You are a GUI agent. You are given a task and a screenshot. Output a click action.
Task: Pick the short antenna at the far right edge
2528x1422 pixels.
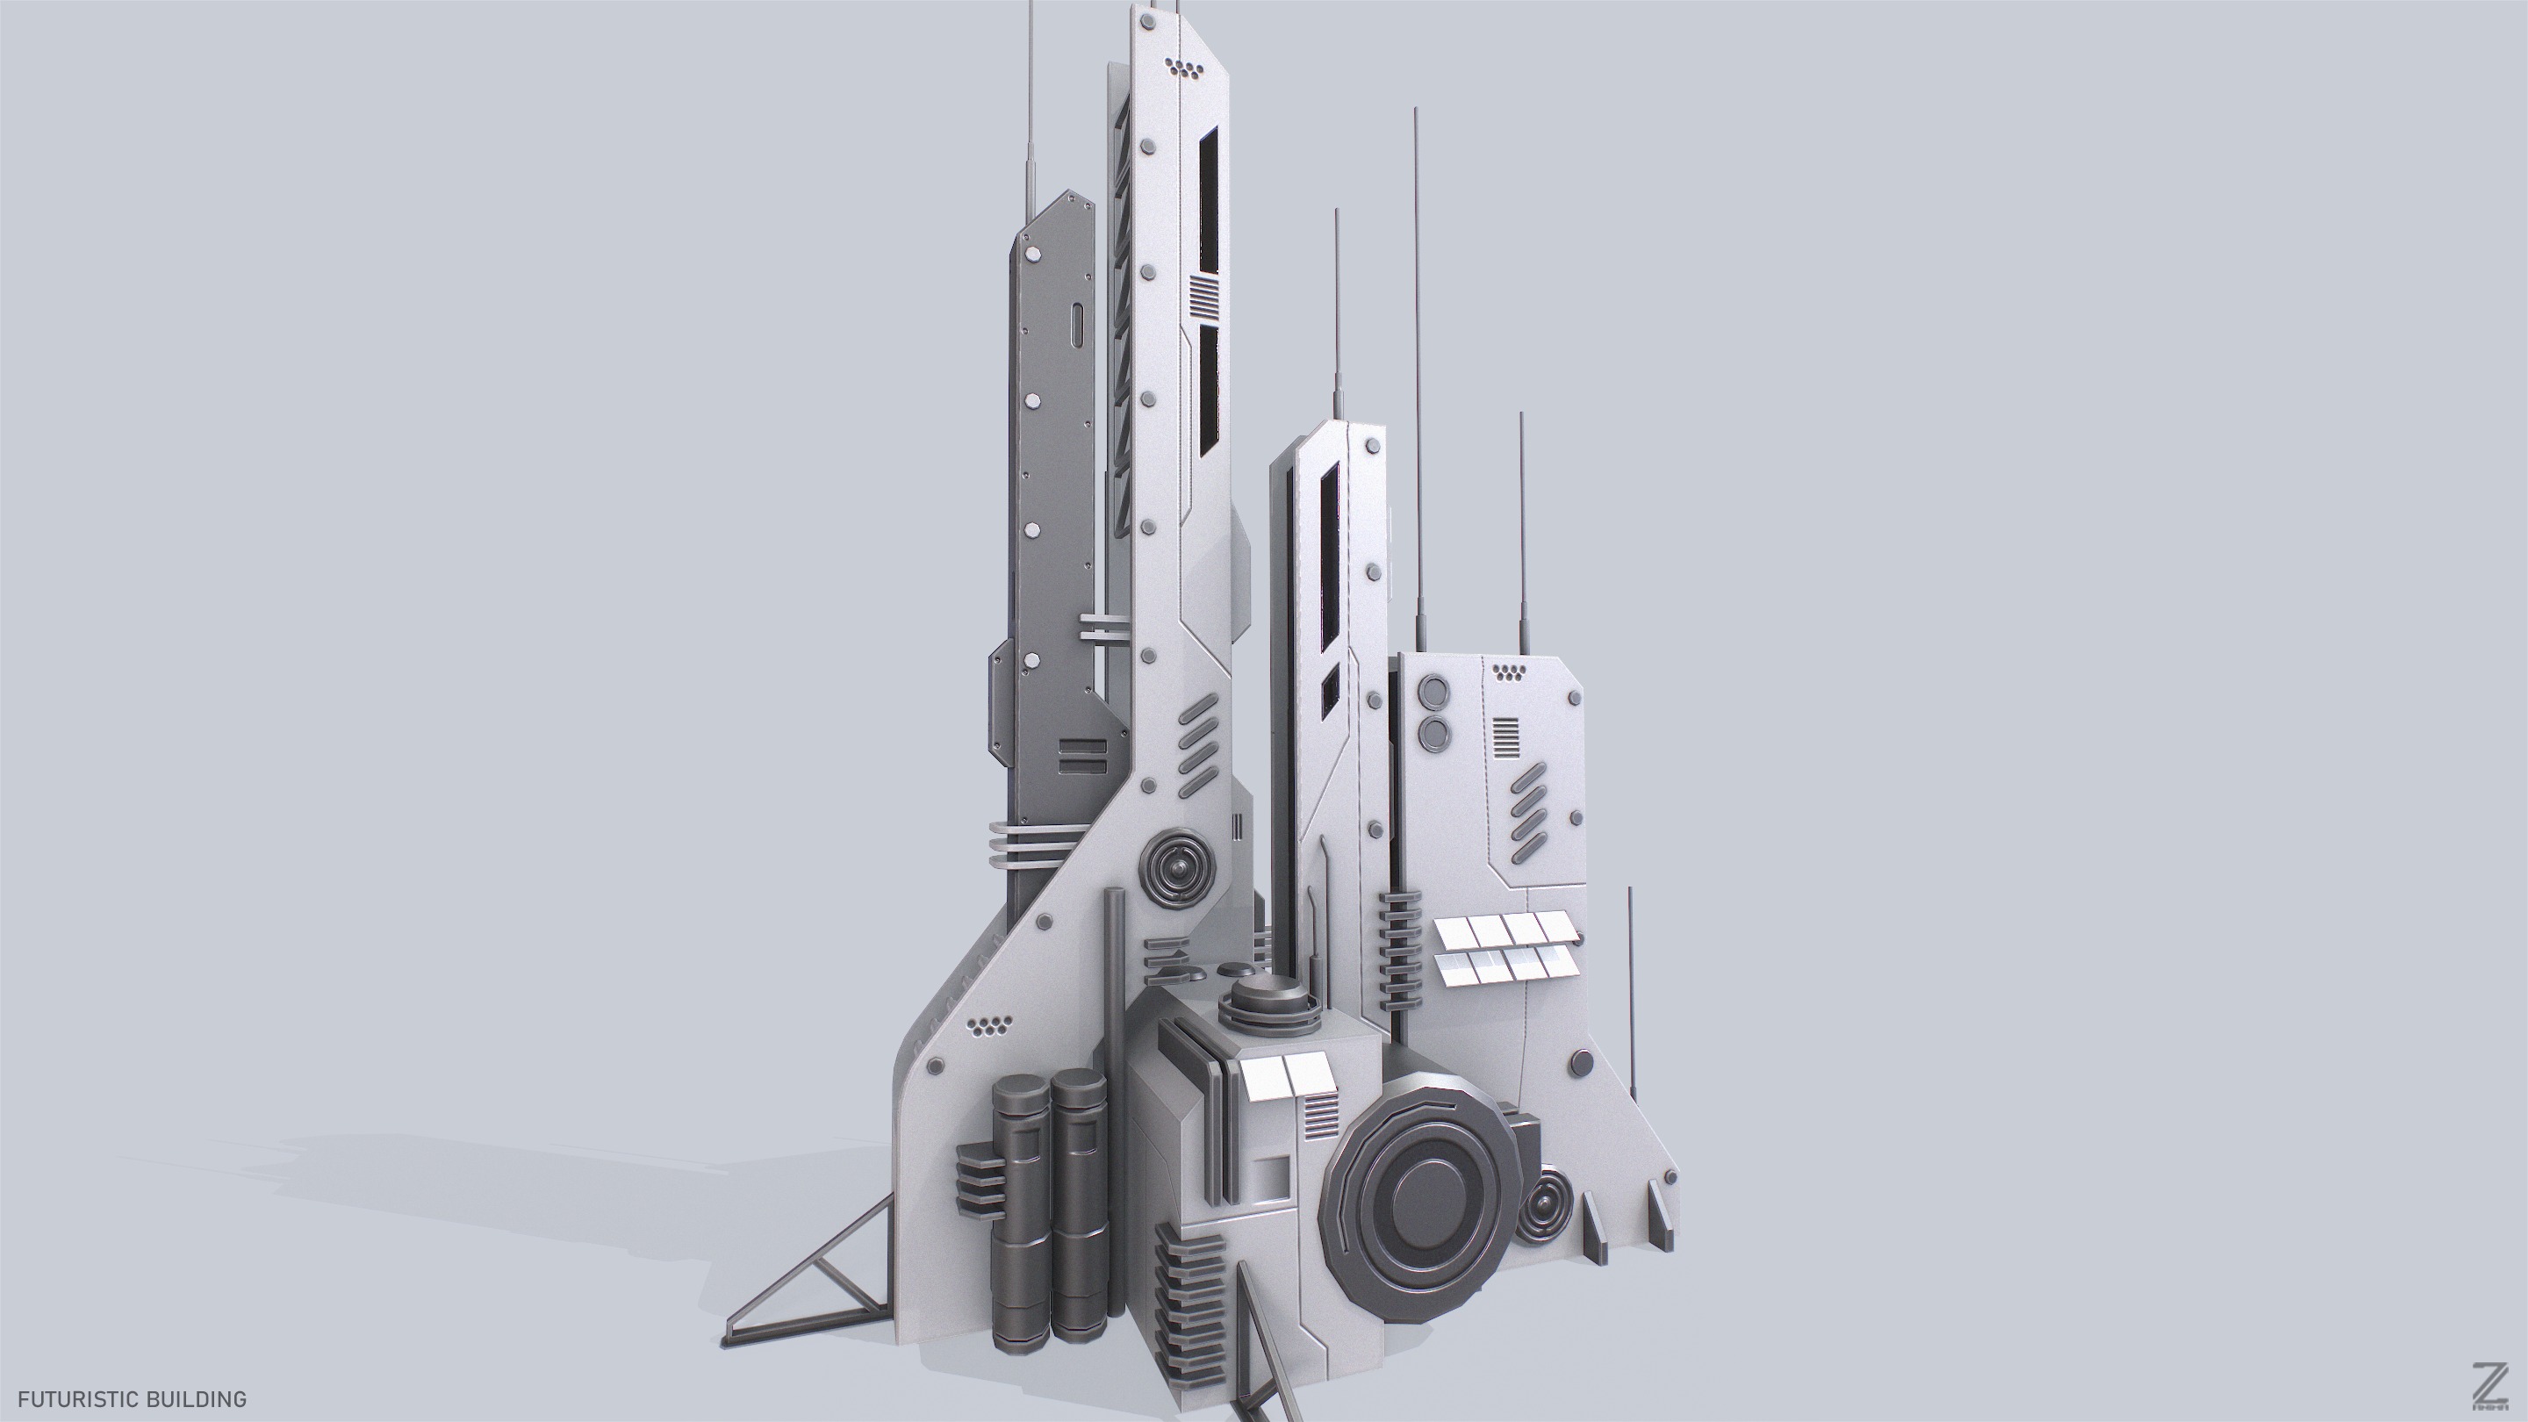(x=1631, y=991)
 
